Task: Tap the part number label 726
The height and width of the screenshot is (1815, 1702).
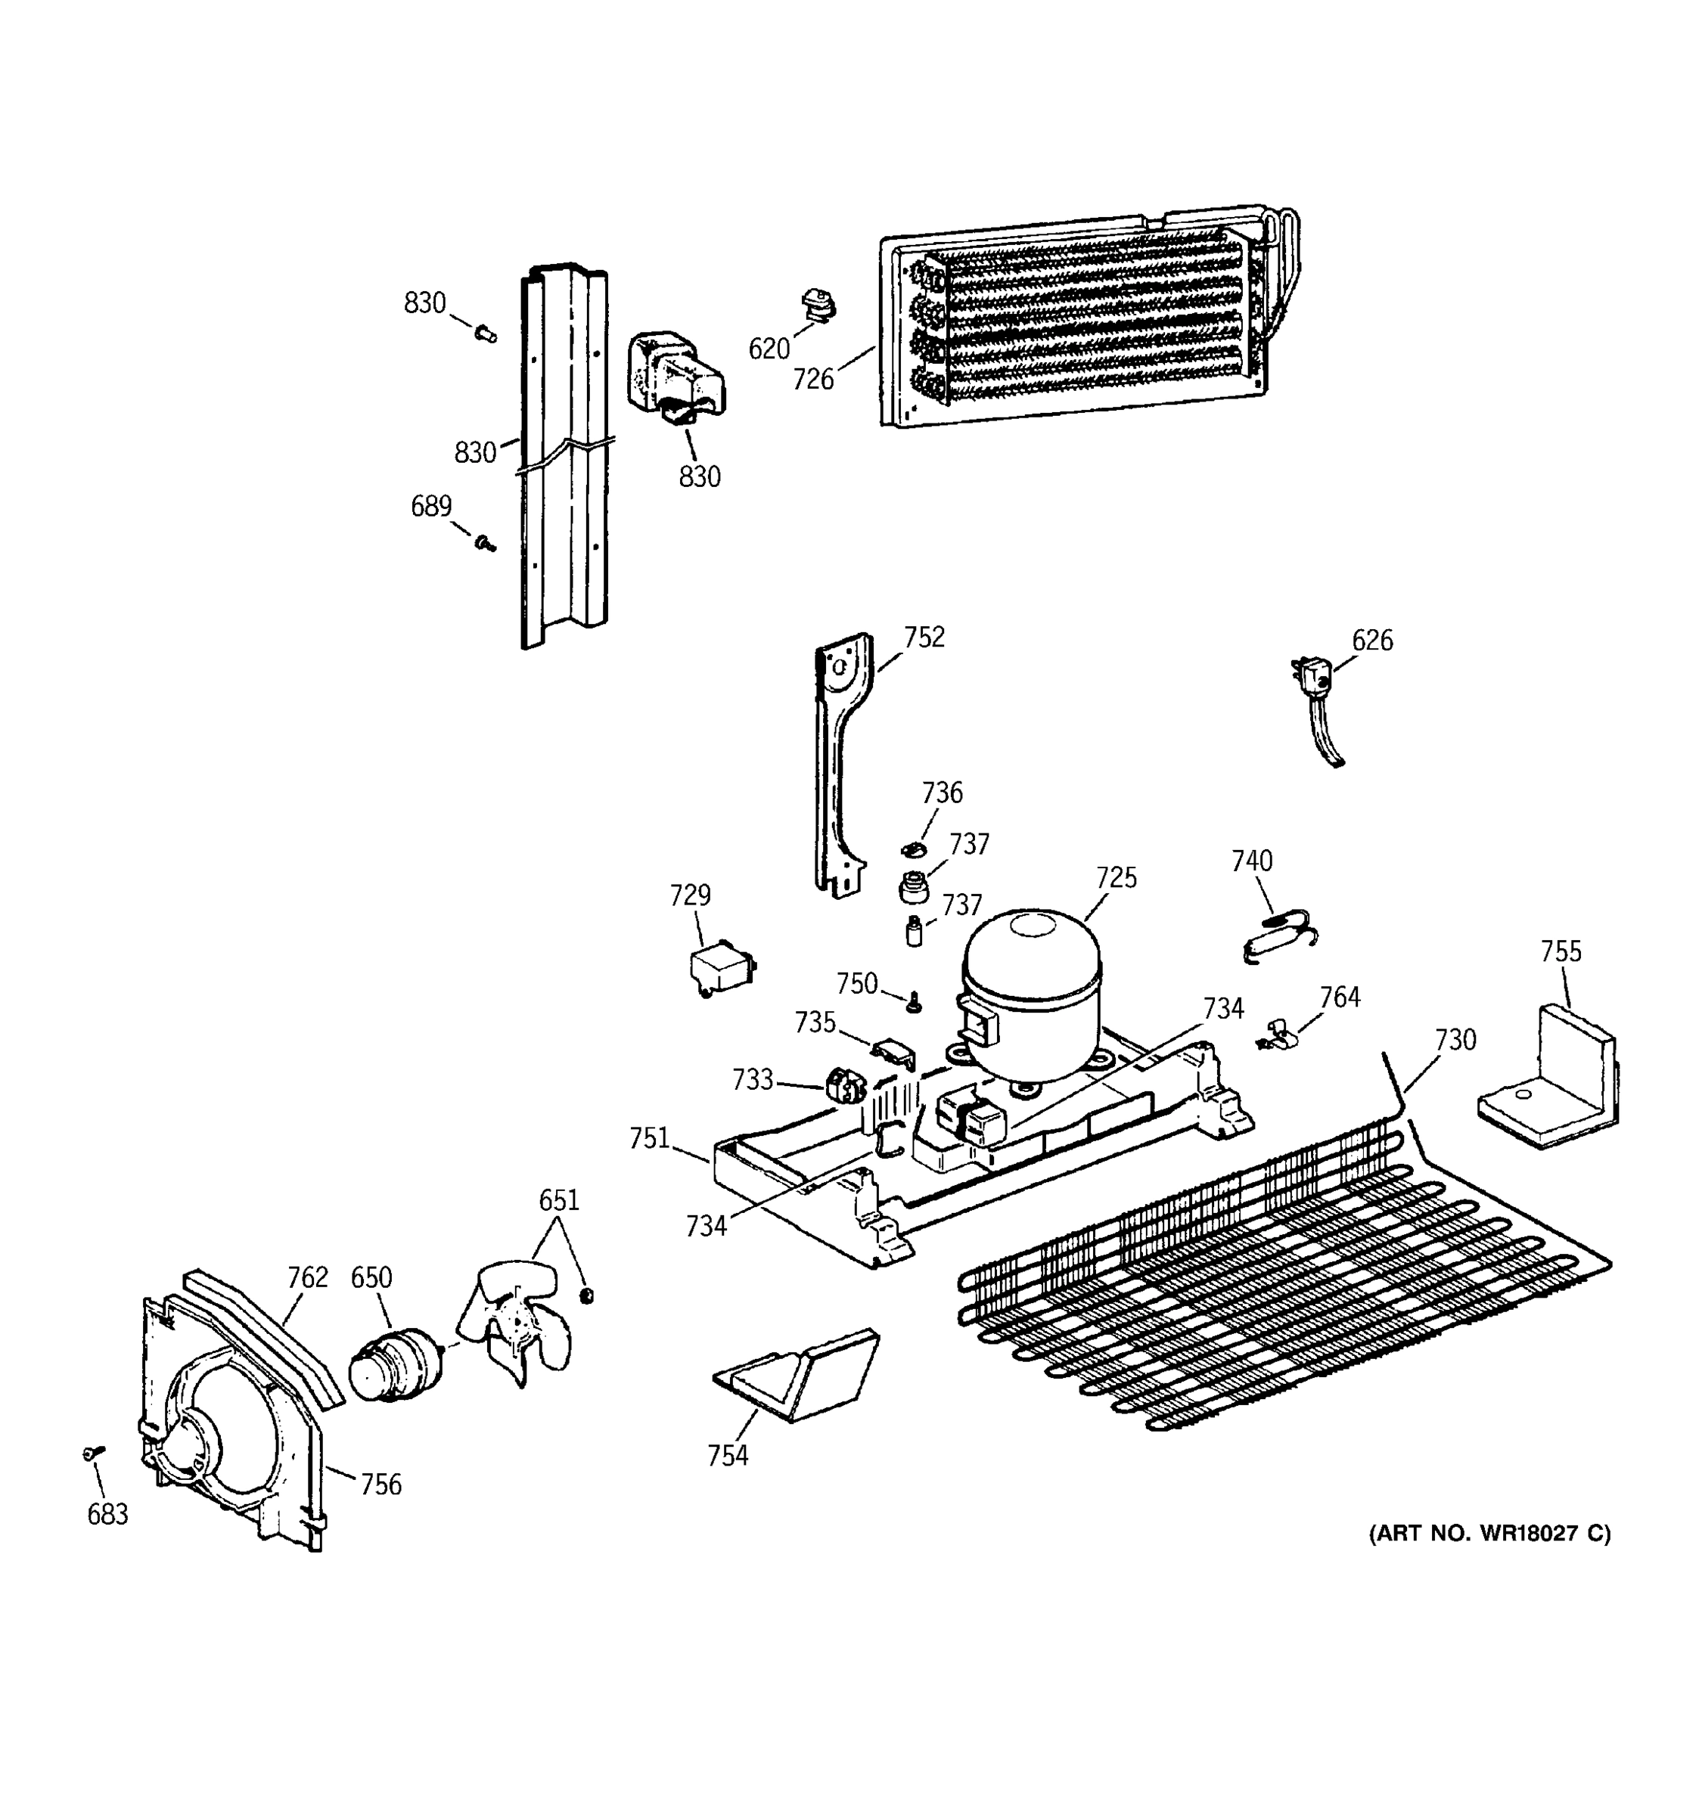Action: [812, 379]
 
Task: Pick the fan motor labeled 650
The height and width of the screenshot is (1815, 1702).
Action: [394, 1364]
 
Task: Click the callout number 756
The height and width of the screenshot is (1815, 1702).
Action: [380, 1485]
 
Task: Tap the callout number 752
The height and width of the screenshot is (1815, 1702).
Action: [924, 638]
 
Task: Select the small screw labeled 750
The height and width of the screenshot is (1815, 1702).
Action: [913, 1004]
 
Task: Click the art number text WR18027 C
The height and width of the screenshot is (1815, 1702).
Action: [1490, 1533]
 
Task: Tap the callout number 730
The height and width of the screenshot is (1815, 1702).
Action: [1455, 1040]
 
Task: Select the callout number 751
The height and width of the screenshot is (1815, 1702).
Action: [649, 1138]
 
